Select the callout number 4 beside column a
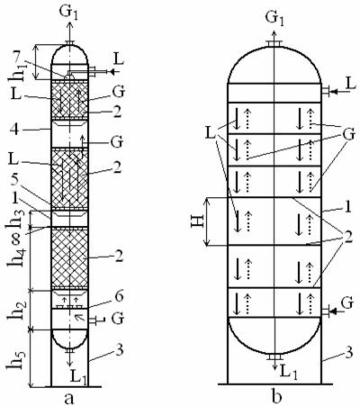point(15,130)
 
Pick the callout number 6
point(119,297)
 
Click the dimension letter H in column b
point(198,221)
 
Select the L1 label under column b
point(289,372)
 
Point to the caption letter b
point(276,396)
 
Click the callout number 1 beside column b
point(348,208)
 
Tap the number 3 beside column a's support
point(120,350)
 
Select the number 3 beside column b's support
point(348,354)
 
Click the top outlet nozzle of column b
point(274,44)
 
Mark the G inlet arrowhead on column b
point(332,312)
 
